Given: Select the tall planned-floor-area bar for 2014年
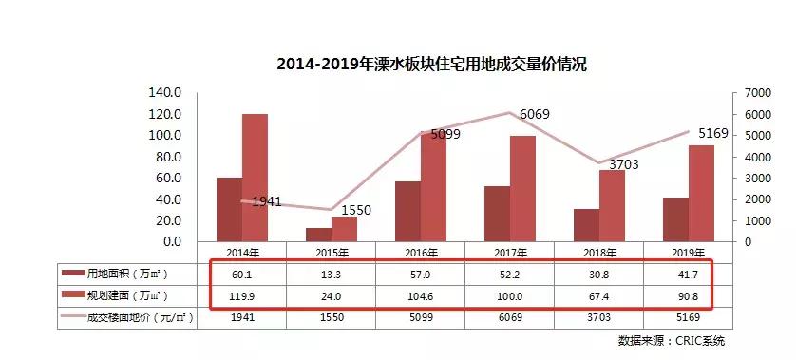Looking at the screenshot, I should point(255,178).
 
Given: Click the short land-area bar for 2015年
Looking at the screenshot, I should point(318,235).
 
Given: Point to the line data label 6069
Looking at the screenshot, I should point(534,115).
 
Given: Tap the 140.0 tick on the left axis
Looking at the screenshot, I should point(165,92).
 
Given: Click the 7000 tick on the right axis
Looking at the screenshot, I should point(745,92).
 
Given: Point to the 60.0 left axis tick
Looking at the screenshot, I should point(168,178).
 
